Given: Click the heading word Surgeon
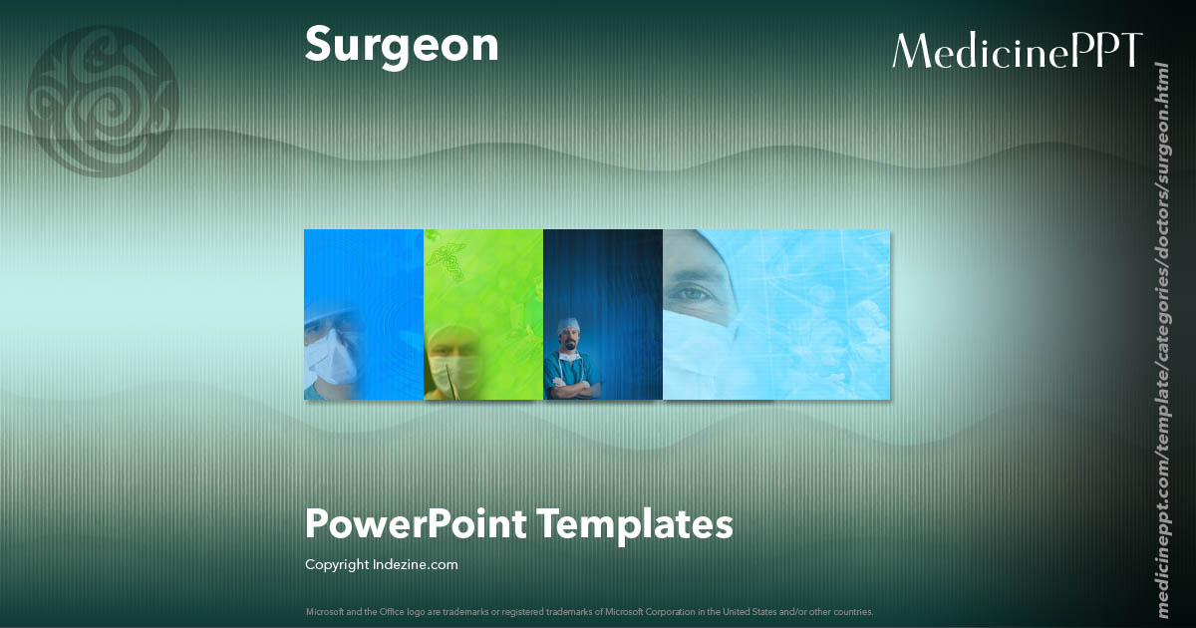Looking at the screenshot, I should [x=402, y=46].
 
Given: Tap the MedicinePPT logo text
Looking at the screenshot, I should [x=1017, y=51].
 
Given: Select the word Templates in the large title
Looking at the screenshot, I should [x=637, y=522].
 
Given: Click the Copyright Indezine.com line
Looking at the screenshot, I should [x=382, y=564].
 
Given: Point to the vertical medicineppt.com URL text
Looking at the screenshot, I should [x=1161, y=339].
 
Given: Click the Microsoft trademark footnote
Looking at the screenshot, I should [x=590, y=611].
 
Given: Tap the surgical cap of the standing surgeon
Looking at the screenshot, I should [x=568, y=324].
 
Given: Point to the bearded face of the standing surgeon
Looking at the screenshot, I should [x=569, y=345].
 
